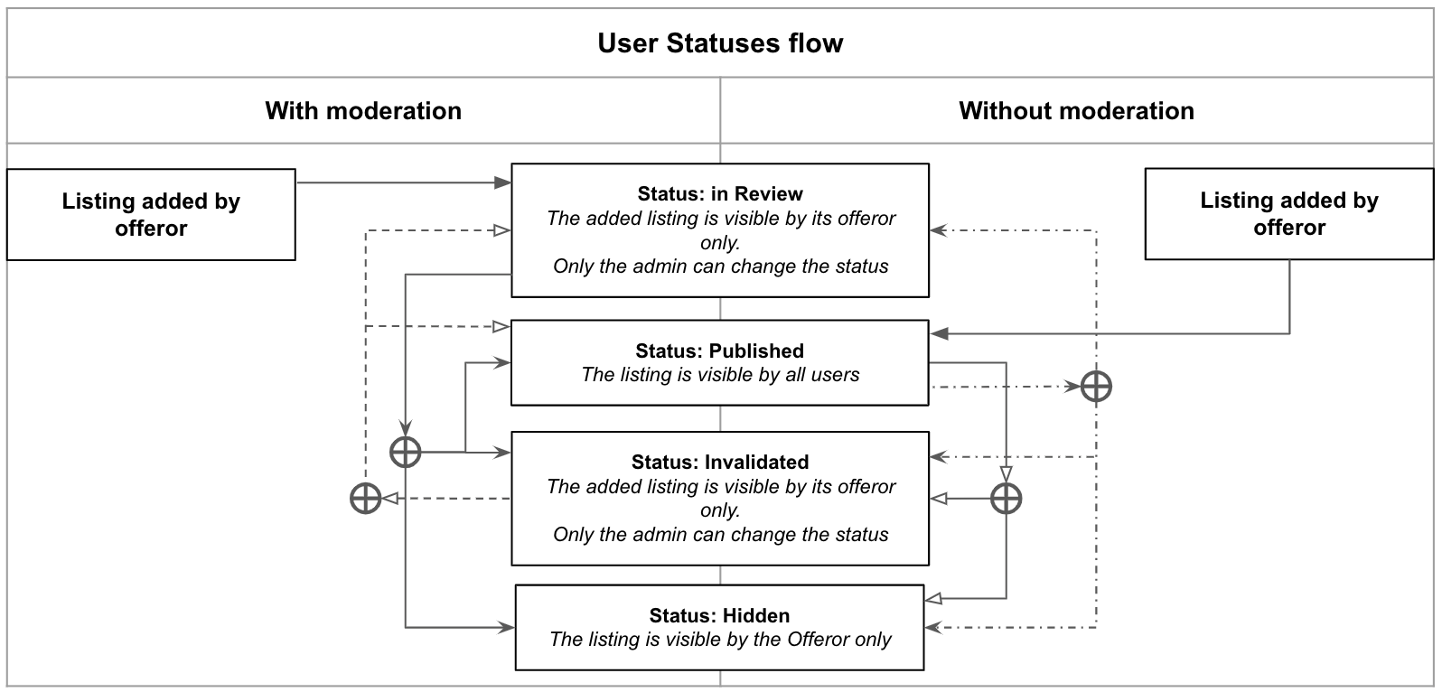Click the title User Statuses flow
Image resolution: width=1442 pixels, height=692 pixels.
pyautogui.click(x=720, y=43)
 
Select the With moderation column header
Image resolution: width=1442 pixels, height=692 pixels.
pyautogui.click(x=363, y=111)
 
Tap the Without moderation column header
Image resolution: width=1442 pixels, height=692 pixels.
pyautogui.click(x=1076, y=111)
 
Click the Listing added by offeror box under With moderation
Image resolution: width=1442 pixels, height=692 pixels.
pyautogui.click(x=151, y=214)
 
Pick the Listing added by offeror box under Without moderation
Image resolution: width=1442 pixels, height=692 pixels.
pyautogui.click(x=1289, y=214)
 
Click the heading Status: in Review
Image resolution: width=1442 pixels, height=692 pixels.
pyautogui.click(x=720, y=193)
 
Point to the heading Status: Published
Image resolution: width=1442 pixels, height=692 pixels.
pyautogui.click(x=720, y=351)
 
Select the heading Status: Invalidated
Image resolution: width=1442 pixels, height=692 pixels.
pyautogui.click(x=720, y=463)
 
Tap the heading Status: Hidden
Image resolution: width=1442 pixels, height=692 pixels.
pyautogui.click(x=719, y=615)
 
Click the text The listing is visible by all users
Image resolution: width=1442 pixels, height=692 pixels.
pyautogui.click(x=720, y=375)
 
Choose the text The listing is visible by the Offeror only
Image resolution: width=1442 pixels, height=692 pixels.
pyautogui.click(x=720, y=640)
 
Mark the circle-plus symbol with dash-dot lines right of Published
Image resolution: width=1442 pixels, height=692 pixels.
pyautogui.click(x=1096, y=387)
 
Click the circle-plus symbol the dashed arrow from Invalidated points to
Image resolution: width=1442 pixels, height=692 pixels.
pyautogui.click(x=366, y=499)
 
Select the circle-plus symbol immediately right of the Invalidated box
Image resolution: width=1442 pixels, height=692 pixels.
pyautogui.click(x=1007, y=499)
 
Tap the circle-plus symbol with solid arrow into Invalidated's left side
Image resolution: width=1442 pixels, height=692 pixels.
pyautogui.click(x=406, y=452)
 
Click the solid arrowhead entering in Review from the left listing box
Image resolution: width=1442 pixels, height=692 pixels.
pyautogui.click(x=502, y=182)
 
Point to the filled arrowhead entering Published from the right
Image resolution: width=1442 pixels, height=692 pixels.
pyautogui.click(x=940, y=333)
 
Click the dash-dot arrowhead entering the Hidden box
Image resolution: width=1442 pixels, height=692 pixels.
pyautogui.click(x=933, y=627)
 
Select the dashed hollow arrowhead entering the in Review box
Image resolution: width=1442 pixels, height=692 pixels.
pyautogui.click(x=502, y=230)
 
